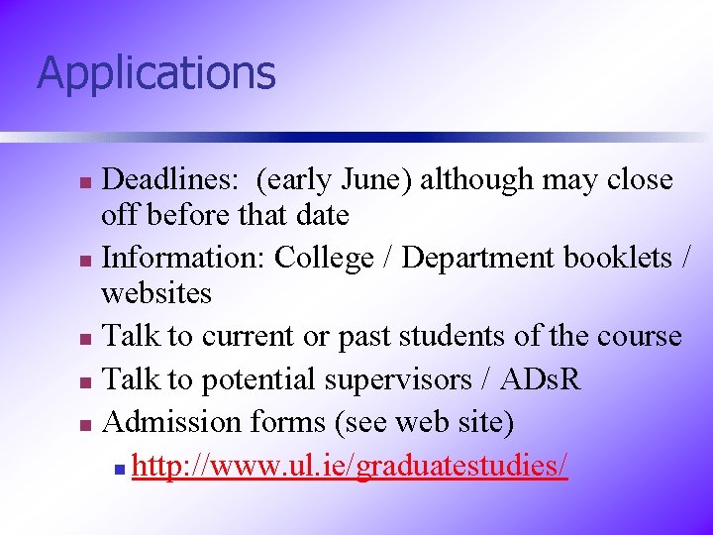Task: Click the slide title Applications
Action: coord(155,73)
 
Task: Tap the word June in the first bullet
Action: coord(380,180)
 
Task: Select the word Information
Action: coord(184,258)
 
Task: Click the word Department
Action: coord(479,258)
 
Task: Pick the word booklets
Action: coord(614,258)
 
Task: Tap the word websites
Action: coord(156,294)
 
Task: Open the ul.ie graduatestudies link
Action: coord(350,466)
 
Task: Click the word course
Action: coord(640,336)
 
